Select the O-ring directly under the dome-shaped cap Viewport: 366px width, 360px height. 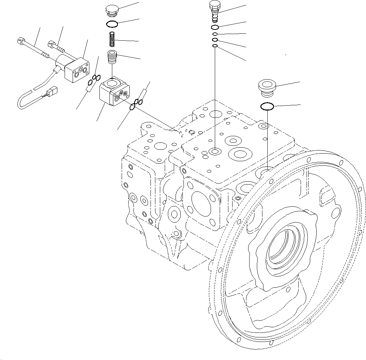(112, 24)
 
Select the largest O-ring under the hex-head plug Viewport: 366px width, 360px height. (215, 27)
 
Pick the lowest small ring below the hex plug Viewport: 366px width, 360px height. (215, 46)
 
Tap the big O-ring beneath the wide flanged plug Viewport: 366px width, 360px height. (267, 107)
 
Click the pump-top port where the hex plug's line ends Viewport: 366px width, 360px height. (215, 151)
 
